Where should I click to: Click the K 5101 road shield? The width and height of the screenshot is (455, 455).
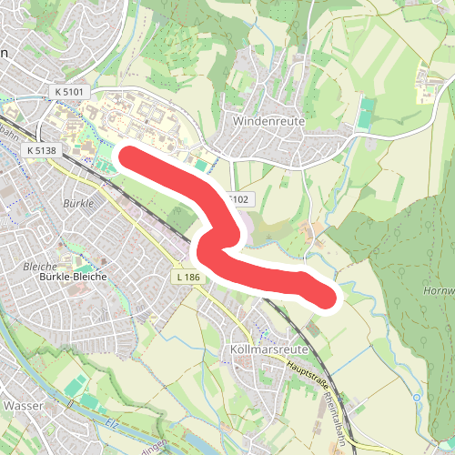(x=68, y=92)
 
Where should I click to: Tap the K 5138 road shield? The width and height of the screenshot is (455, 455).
(x=42, y=149)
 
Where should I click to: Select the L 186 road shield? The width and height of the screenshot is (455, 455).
(x=187, y=276)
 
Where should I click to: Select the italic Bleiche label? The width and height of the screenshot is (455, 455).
(x=38, y=267)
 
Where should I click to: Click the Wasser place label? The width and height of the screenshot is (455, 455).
(x=24, y=405)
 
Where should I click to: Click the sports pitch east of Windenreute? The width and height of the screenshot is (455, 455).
(x=365, y=116)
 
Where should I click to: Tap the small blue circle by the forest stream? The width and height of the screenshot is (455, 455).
(x=416, y=397)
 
